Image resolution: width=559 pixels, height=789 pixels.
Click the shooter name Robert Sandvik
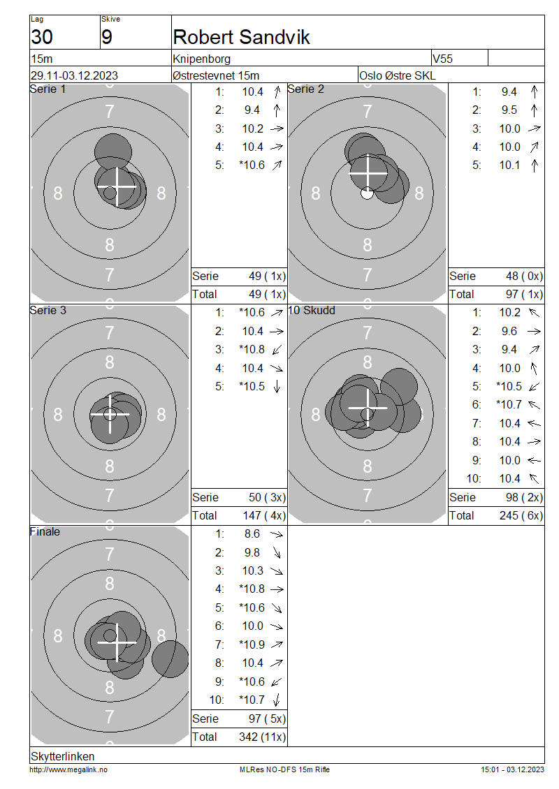coord(241,37)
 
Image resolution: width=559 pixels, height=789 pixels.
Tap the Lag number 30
coord(42,37)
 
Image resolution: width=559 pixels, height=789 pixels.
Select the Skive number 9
coord(107,37)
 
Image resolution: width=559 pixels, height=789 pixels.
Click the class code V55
coord(443,59)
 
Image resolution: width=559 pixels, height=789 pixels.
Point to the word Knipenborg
coord(201,59)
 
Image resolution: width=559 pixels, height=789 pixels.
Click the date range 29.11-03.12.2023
coord(75,75)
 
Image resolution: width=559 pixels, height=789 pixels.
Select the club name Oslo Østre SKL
coord(398,75)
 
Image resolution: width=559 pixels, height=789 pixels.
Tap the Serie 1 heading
coord(48,89)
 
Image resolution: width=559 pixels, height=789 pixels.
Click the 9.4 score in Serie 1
coord(252,110)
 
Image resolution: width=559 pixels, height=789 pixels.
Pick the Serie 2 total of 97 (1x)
coord(524,295)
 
